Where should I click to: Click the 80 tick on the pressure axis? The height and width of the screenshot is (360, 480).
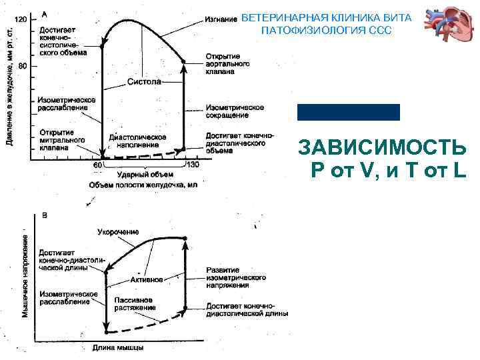point(22,66)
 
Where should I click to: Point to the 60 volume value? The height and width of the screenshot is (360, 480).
point(97,165)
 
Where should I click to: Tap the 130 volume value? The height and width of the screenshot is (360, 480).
point(192,165)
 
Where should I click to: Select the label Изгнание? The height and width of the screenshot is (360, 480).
point(221,20)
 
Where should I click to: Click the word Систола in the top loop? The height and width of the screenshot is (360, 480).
point(144,83)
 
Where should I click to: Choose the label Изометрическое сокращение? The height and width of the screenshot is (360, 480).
point(235,111)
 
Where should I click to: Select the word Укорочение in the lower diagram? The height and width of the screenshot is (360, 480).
point(118,232)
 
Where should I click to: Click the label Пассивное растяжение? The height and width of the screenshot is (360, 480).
point(134,304)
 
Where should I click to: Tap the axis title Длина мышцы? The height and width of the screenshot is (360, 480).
point(117,348)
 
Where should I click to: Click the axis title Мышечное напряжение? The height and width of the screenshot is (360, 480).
point(25,274)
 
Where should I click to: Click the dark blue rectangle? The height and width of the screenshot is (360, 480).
point(349,112)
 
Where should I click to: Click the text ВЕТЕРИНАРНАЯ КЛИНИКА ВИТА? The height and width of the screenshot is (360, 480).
point(326,18)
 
